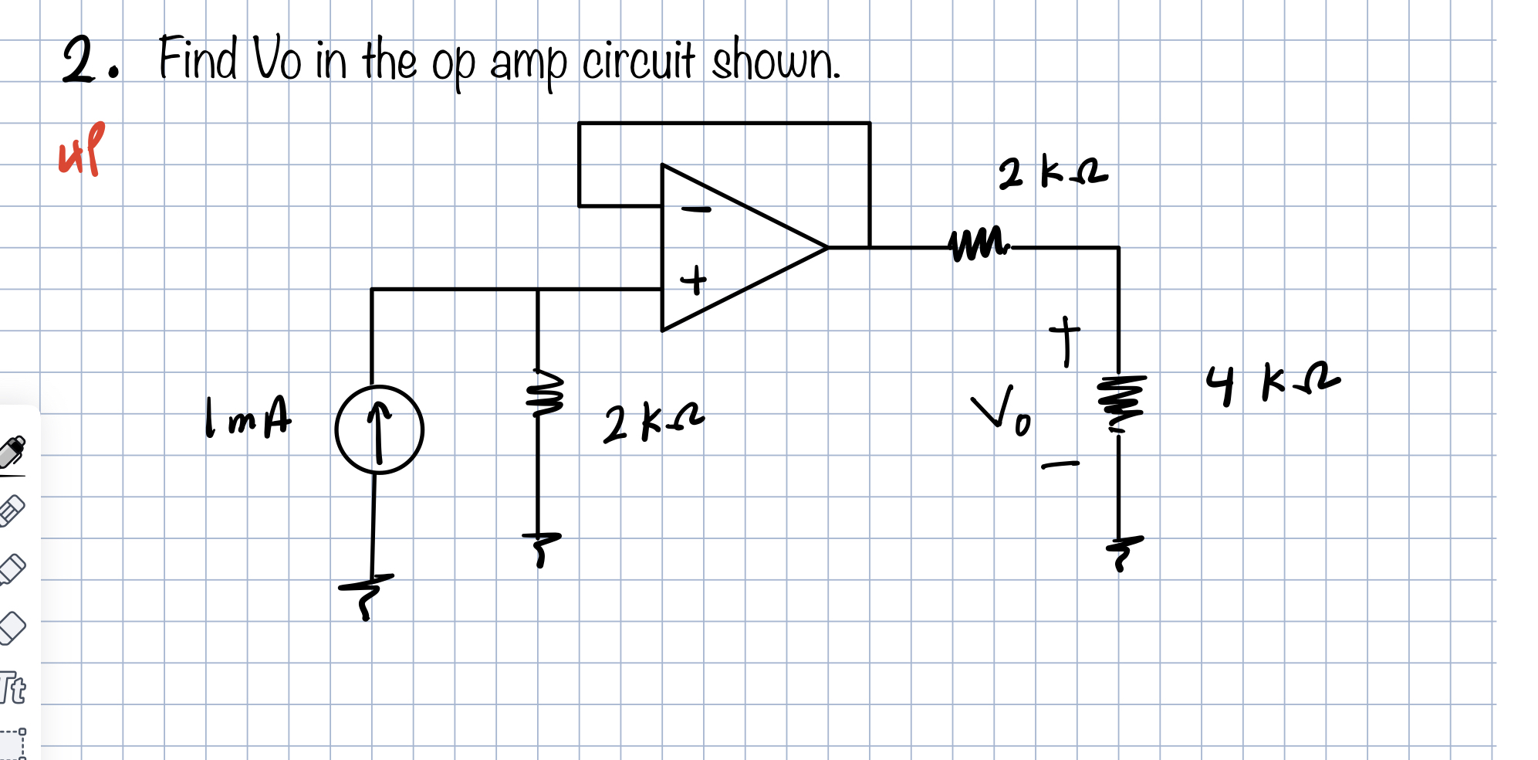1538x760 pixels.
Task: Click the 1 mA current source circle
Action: pyautogui.click(x=379, y=429)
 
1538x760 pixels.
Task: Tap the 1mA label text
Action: pyautogui.click(x=248, y=418)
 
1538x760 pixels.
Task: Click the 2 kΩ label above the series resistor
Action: pyautogui.click(x=1053, y=173)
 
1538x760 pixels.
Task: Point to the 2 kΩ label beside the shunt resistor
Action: pyautogui.click(x=653, y=424)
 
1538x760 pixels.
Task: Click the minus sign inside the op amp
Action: pyautogui.click(x=696, y=209)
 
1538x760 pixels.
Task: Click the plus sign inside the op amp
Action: pyautogui.click(x=694, y=280)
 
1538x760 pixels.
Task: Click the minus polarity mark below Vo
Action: pyautogui.click(x=1060, y=465)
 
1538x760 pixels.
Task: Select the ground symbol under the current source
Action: pyautogui.click(x=367, y=595)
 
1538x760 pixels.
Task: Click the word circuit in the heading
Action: pyautogui.click(x=638, y=61)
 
